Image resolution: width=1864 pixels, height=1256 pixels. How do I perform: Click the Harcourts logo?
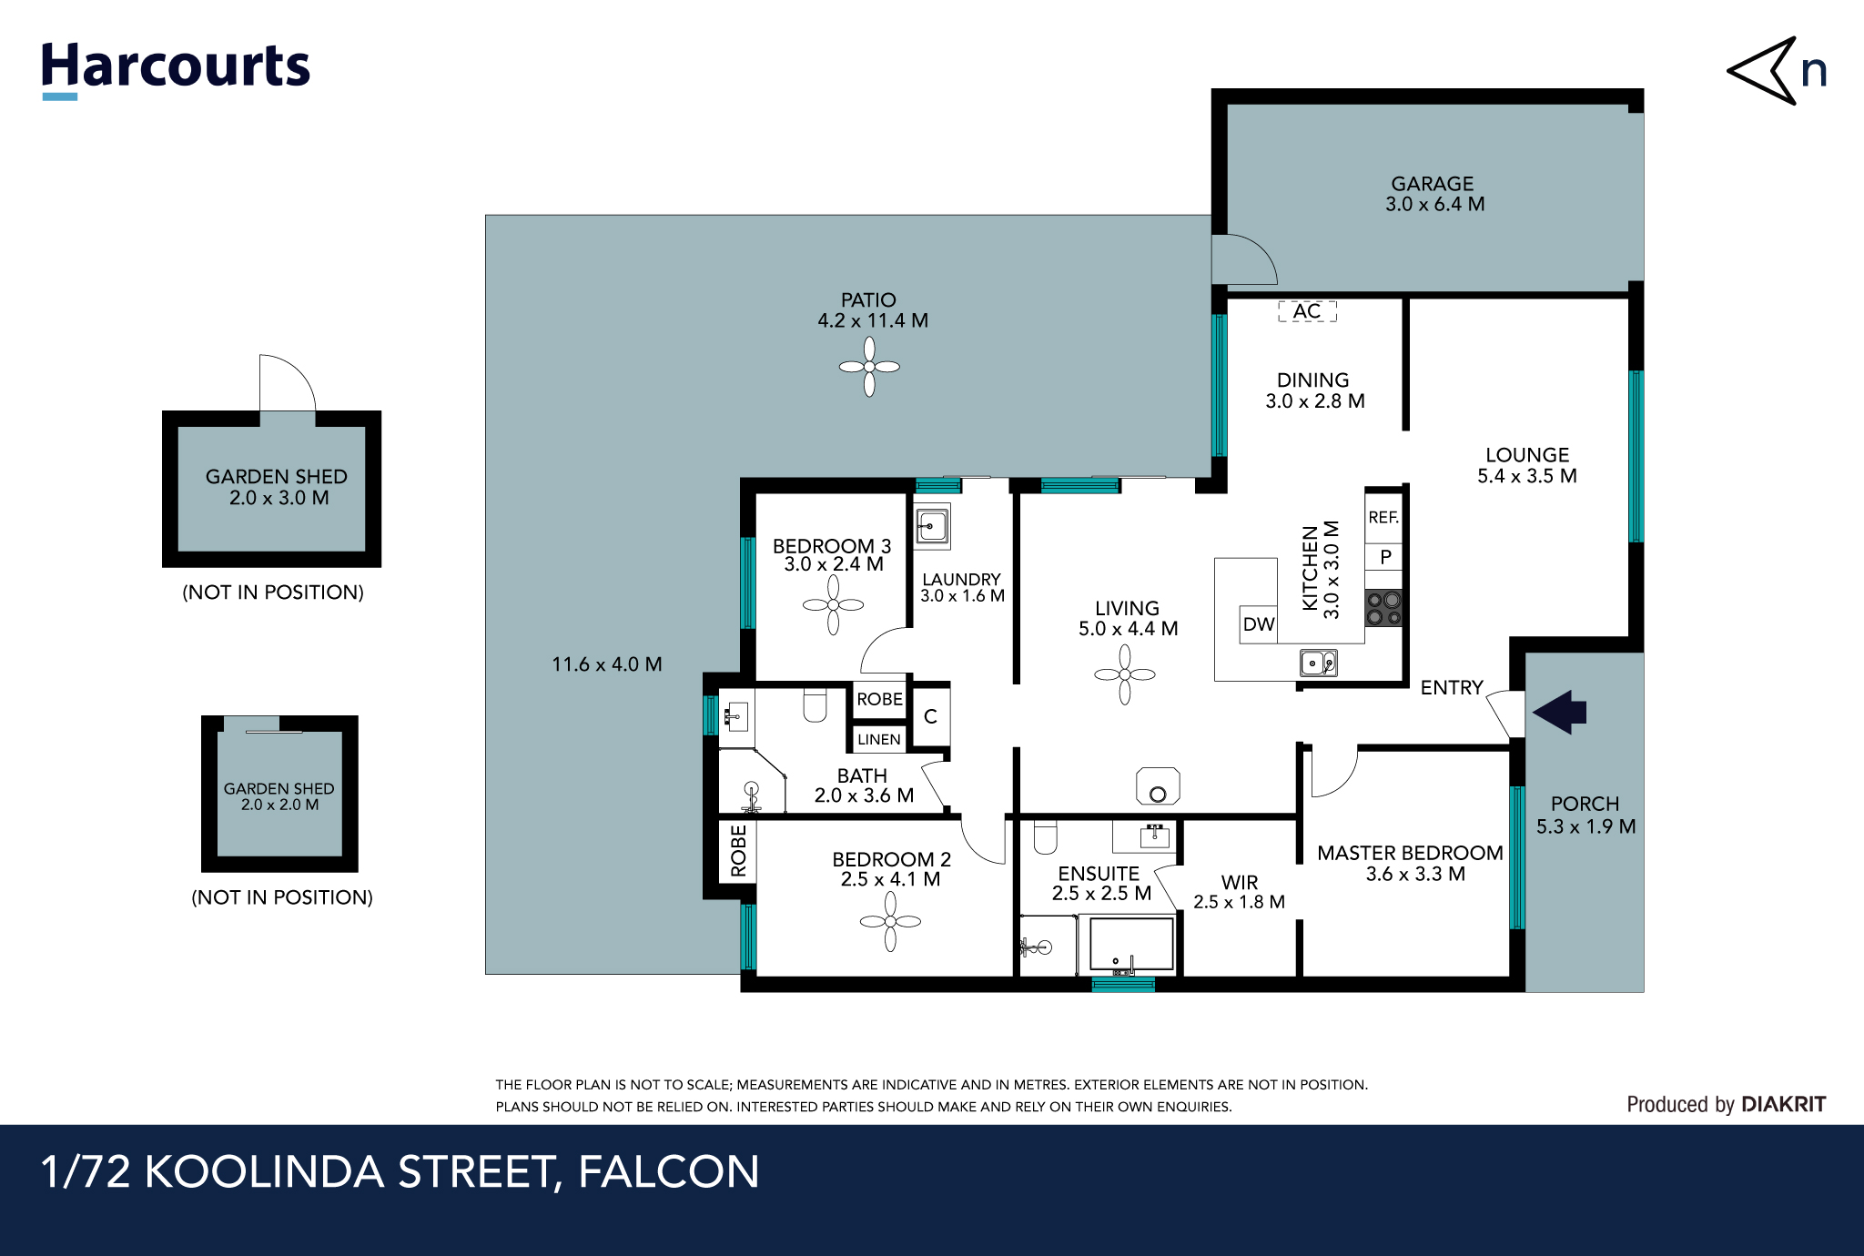175,68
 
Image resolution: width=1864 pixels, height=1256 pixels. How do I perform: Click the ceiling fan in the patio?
869,367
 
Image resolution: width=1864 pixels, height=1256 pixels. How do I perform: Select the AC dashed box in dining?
1307,311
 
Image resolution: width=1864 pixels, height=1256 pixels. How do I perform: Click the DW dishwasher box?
1259,624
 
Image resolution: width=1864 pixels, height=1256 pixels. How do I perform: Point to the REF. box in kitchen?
1383,517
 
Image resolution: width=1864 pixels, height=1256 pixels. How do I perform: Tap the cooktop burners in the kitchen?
1383,608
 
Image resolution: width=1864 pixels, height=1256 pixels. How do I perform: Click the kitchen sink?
1317,663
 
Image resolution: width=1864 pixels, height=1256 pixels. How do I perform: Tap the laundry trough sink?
932,526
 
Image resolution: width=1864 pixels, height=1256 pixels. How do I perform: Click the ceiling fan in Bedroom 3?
833,604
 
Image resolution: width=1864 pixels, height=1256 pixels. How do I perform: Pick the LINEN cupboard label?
878,739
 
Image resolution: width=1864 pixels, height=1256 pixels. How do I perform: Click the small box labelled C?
930,717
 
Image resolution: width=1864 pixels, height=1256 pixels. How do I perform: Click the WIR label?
1240,882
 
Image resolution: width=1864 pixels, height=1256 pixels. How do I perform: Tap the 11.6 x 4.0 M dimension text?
606,664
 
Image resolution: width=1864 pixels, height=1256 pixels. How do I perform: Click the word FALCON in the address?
668,1171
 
